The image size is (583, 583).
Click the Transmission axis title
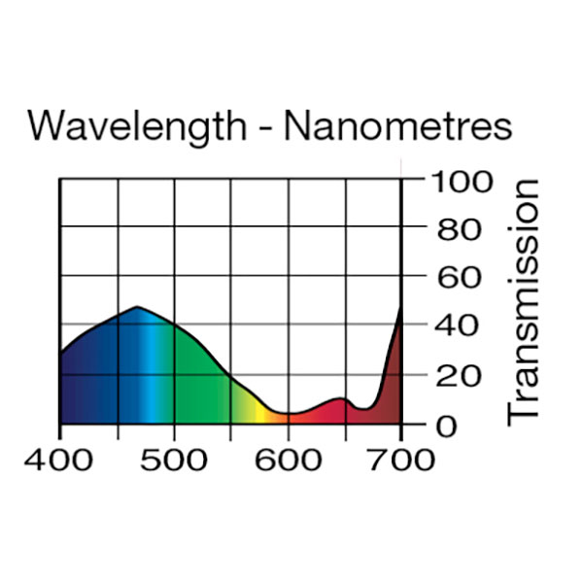click(x=524, y=301)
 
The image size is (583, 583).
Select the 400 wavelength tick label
click(x=60, y=458)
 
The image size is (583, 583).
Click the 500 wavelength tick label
click(x=174, y=458)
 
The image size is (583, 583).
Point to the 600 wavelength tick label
click(x=288, y=458)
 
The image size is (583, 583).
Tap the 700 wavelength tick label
click(x=401, y=458)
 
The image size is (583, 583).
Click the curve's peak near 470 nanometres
click(x=137, y=308)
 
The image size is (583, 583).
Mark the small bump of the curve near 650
click(x=339, y=399)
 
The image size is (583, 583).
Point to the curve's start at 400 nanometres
click(x=61, y=353)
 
